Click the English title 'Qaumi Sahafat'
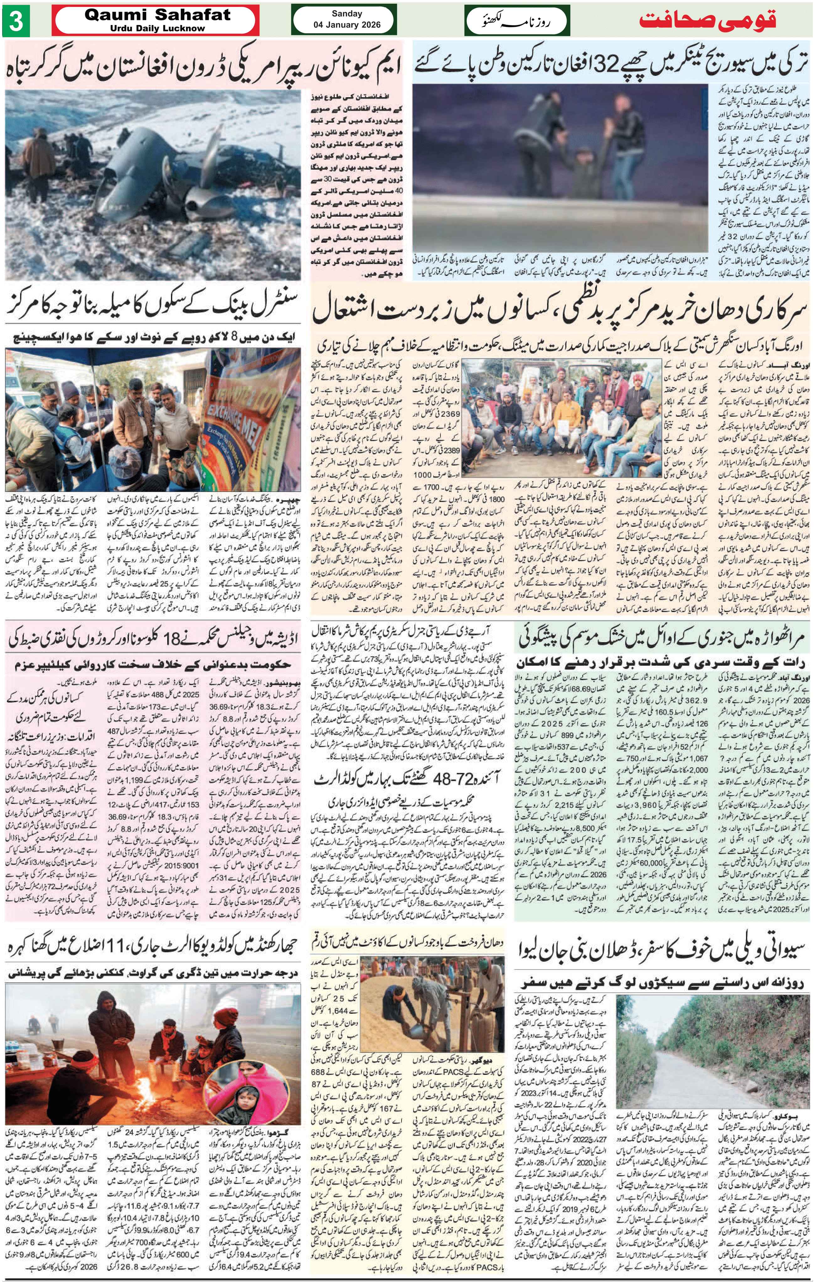point(157,14)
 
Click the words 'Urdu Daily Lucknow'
point(157,28)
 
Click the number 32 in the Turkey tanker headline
point(608,65)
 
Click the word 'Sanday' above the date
point(347,14)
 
